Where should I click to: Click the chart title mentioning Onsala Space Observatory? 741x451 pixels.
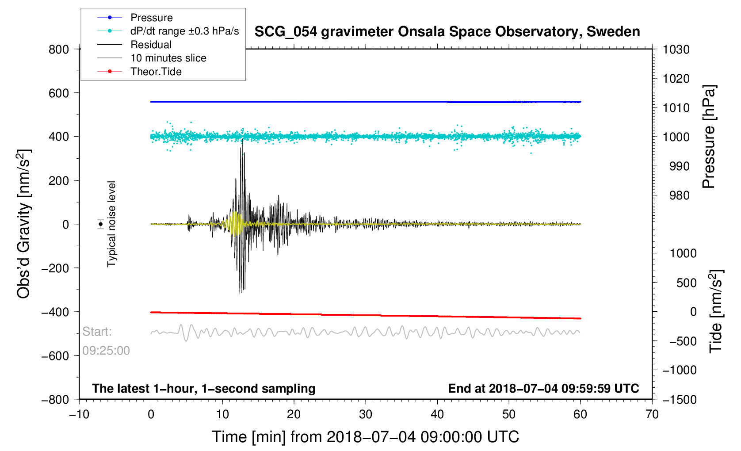(x=447, y=32)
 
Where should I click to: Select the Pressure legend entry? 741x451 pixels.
(x=151, y=18)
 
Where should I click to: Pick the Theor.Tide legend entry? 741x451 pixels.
(x=156, y=72)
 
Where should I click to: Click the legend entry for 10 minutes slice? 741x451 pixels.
(x=168, y=58)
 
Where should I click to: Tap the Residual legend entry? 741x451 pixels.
(x=151, y=45)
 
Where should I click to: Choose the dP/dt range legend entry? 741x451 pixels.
(x=184, y=31)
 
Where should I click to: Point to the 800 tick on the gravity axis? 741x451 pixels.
(x=59, y=50)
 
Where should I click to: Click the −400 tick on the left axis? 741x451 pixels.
(x=56, y=312)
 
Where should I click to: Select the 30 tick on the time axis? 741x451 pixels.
(x=366, y=414)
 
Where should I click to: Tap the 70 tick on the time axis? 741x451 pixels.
(x=652, y=414)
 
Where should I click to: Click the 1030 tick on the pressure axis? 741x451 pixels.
(x=676, y=50)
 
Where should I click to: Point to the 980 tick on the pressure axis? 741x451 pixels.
(x=676, y=195)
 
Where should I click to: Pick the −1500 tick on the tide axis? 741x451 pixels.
(x=679, y=399)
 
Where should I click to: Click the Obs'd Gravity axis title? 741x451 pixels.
(x=24, y=224)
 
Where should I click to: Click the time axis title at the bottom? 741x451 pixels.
(x=365, y=437)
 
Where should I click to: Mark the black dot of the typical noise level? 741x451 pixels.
(x=101, y=224)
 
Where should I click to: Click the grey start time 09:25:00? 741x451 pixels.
(x=106, y=351)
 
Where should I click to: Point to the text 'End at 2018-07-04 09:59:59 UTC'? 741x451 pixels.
(x=543, y=389)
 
